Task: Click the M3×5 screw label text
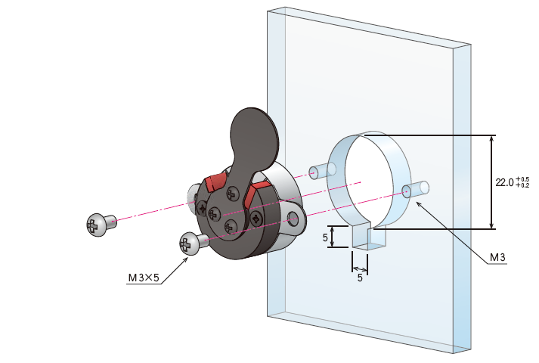tap(144, 278)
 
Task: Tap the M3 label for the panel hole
tap(497, 257)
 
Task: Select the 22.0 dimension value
tap(505, 182)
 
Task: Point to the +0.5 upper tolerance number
tap(522, 179)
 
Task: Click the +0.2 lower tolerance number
tap(522, 185)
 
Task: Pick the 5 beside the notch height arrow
tap(325, 237)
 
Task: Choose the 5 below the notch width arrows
tap(360, 278)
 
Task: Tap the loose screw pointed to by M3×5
tap(194, 243)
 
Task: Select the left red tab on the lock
tap(215, 182)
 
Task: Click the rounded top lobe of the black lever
tap(254, 137)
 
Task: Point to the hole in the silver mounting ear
tap(293, 219)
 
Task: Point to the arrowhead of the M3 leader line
tap(418, 203)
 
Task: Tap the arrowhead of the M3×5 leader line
tap(186, 259)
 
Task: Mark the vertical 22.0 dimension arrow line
tap(492, 181)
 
